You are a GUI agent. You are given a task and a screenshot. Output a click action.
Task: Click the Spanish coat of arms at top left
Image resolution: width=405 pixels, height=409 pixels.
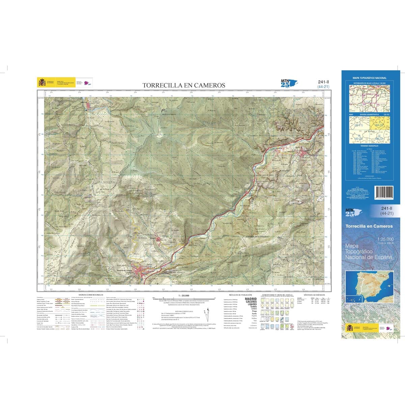[x=42, y=82]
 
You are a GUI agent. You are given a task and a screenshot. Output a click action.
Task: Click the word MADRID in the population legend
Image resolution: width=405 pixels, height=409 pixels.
[x=250, y=299]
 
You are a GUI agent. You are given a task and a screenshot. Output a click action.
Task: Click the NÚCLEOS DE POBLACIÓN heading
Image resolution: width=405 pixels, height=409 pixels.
[x=240, y=295]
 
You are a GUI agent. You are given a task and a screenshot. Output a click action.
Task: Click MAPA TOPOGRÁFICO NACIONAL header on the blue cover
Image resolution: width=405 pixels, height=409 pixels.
[x=369, y=78]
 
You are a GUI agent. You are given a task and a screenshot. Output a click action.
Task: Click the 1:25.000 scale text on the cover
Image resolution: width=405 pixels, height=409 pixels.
[x=385, y=239]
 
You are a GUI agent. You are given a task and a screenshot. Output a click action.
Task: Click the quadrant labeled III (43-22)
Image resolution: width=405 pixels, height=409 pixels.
[x=359, y=138]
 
